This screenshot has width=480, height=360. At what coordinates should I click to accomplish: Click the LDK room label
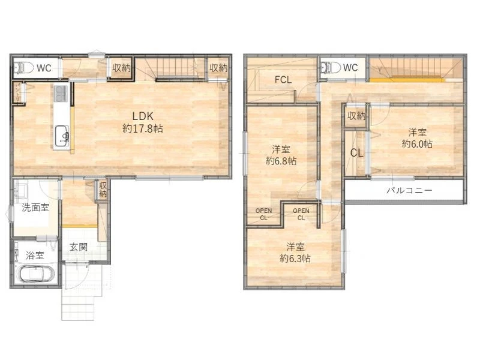[143, 116]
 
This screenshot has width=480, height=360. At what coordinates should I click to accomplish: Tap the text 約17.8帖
[143, 128]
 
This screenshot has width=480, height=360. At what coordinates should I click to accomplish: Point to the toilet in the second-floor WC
[331, 67]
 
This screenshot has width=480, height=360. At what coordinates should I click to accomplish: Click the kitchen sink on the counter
[62, 136]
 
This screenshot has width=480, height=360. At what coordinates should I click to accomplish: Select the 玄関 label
[79, 247]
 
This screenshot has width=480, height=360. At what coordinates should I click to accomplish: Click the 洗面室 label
[35, 208]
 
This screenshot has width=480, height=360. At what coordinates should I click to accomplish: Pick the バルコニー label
[410, 190]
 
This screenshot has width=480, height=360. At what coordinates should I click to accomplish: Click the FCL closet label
[283, 80]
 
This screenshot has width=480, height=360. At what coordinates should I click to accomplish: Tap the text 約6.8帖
[281, 161]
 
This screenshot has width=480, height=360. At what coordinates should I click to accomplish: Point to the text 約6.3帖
[295, 259]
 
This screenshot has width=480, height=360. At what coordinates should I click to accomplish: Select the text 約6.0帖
[417, 144]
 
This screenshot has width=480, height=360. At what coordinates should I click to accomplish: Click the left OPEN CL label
[263, 214]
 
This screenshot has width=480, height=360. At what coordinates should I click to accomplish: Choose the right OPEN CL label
[301, 214]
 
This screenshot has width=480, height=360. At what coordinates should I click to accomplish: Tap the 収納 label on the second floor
[356, 116]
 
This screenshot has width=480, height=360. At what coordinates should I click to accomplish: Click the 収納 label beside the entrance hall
[103, 190]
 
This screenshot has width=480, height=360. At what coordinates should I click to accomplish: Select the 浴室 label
[35, 256]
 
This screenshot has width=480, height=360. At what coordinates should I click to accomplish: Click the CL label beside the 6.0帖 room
[356, 153]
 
